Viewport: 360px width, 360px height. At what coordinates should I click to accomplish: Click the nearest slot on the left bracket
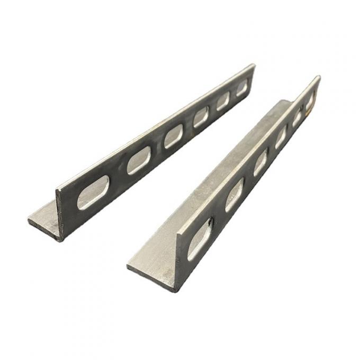point(93,193)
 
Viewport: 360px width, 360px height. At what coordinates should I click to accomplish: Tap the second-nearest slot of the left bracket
point(138,160)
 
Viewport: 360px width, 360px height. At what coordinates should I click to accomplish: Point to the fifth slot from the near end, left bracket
point(223,101)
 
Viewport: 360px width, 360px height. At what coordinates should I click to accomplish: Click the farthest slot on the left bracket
point(241,88)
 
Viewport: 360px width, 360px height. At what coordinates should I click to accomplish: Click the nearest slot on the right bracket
point(200,239)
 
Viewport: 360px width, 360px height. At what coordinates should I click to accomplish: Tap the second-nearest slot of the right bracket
point(235,195)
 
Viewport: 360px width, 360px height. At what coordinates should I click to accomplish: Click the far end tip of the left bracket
point(254,66)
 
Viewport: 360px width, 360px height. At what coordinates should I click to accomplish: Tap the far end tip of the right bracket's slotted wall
point(319,78)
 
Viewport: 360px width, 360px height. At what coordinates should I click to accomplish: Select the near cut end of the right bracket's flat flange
point(151,275)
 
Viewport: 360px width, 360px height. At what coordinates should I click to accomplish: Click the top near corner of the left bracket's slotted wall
point(57,188)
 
